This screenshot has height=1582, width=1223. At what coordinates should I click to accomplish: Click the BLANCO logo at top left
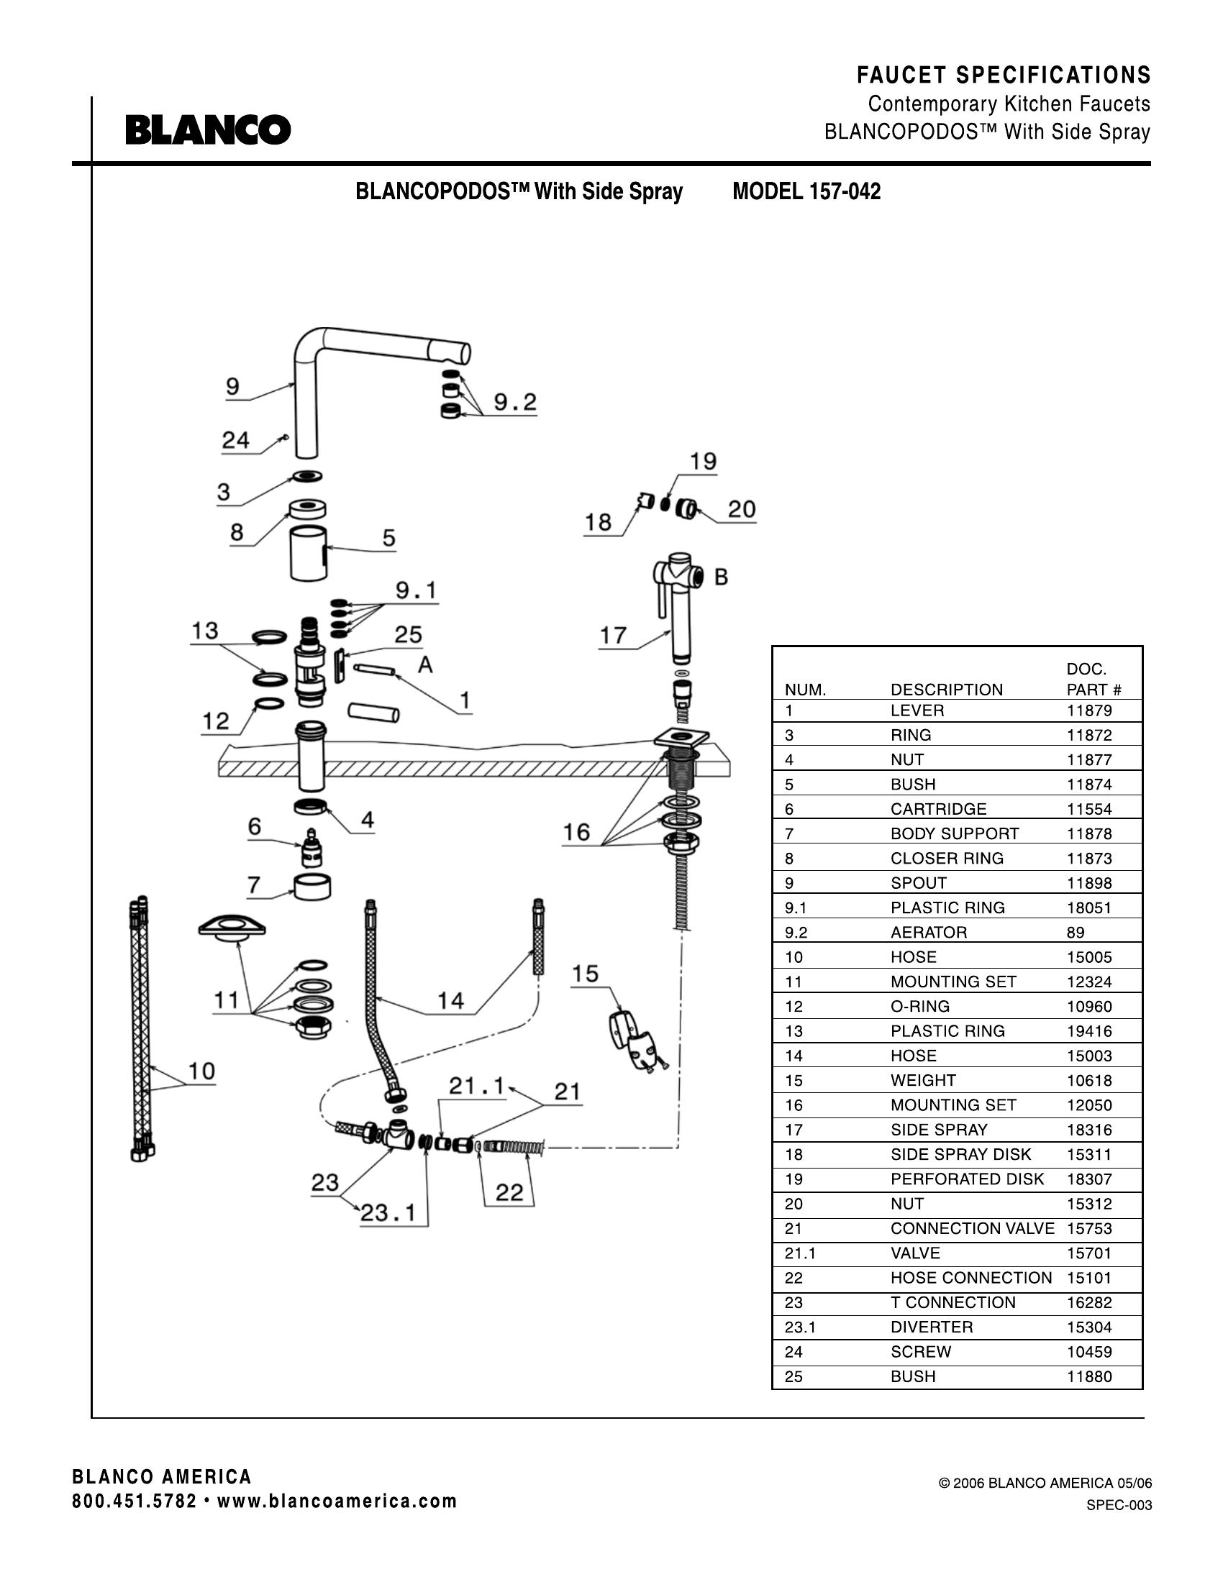tap(208, 130)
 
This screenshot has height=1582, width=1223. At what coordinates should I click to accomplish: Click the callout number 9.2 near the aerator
tap(515, 402)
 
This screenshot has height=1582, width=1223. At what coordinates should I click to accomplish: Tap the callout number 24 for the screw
tap(235, 439)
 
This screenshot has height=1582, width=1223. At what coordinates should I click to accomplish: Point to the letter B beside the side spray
tap(721, 577)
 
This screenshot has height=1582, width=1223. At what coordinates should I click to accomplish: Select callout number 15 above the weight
tap(586, 974)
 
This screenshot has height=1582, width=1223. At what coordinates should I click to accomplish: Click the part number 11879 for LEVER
tap(1089, 710)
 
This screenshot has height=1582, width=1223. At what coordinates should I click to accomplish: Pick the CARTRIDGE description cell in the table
tap(938, 809)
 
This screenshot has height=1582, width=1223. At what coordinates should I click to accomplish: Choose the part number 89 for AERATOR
tap(1076, 932)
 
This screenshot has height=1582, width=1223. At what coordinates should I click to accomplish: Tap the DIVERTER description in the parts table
tap(932, 1327)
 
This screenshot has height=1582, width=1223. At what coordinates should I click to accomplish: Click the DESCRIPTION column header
tap(946, 690)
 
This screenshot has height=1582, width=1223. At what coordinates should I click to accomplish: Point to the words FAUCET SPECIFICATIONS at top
tap(1004, 76)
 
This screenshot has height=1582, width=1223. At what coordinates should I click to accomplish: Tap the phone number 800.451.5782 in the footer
tap(134, 1501)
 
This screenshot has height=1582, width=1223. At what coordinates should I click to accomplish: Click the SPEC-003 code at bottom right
tap(1119, 1505)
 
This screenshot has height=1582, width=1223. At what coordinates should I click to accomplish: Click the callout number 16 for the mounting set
tap(577, 832)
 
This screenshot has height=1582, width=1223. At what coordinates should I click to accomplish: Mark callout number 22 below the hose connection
tap(509, 1192)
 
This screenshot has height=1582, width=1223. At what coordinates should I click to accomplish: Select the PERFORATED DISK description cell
tap(967, 1179)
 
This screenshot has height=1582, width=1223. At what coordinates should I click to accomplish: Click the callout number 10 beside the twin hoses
tap(201, 1071)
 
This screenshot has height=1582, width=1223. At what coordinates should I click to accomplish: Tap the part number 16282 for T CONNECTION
tap(1089, 1302)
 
